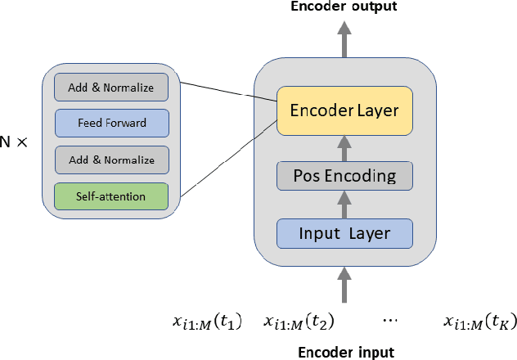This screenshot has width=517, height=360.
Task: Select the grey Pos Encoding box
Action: coord(344,176)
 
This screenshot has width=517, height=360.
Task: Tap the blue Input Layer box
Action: coord(344,233)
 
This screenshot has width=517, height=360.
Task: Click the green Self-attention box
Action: coord(111,196)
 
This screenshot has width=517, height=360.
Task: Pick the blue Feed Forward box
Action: coord(111,124)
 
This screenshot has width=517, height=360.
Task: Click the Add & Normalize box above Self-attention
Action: coord(111,160)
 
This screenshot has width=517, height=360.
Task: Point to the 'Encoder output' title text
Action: coord(344,7)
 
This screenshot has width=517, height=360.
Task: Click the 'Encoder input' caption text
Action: coord(344,353)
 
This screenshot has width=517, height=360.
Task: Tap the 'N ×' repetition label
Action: coord(14,142)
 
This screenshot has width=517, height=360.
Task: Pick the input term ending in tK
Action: coord(479,322)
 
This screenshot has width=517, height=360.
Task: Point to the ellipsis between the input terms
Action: coord(390,318)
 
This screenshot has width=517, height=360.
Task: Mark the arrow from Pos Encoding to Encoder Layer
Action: coord(344,147)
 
